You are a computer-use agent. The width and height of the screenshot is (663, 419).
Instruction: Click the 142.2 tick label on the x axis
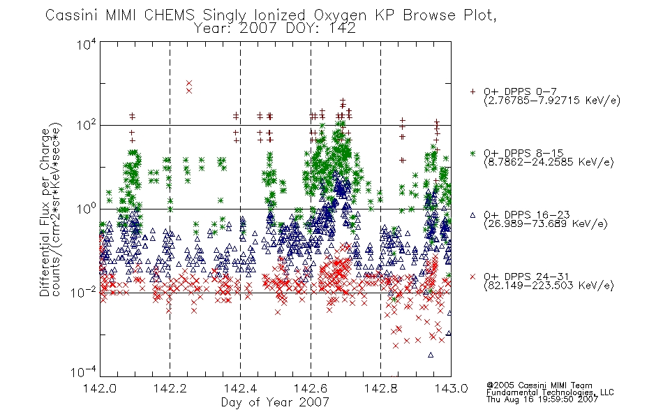[x=170, y=388]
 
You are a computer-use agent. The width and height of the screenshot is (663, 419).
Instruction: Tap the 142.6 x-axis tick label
[x=311, y=388]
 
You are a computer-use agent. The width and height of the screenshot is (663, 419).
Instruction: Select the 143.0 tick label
[x=451, y=388]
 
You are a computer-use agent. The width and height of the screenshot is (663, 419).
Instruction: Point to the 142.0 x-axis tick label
[x=100, y=388]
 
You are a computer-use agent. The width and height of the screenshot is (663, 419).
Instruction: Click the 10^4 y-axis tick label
[x=87, y=44]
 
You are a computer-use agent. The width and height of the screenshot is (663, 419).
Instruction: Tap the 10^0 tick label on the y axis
[x=87, y=208]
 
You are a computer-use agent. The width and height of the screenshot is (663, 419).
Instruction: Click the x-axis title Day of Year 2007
[x=275, y=402]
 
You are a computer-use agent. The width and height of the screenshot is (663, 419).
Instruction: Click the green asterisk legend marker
[x=472, y=154]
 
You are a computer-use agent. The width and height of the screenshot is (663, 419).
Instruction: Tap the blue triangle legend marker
[x=472, y=215]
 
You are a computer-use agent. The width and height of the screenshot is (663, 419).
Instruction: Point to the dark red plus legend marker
[x=472, y=91]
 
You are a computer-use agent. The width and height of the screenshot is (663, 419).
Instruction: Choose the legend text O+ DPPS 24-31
[x=526, y=277]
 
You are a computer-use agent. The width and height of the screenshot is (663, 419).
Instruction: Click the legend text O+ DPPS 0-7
[x=520, y=91]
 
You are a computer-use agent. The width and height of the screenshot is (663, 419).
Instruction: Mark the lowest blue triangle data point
[x=431, y=355]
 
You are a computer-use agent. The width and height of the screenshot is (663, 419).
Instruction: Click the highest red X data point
[x=189, y=83]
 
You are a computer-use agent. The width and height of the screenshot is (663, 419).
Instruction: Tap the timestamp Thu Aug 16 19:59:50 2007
[x=542, y=399]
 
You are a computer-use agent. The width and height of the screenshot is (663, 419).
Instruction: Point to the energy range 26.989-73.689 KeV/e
[x=546, y=223]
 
